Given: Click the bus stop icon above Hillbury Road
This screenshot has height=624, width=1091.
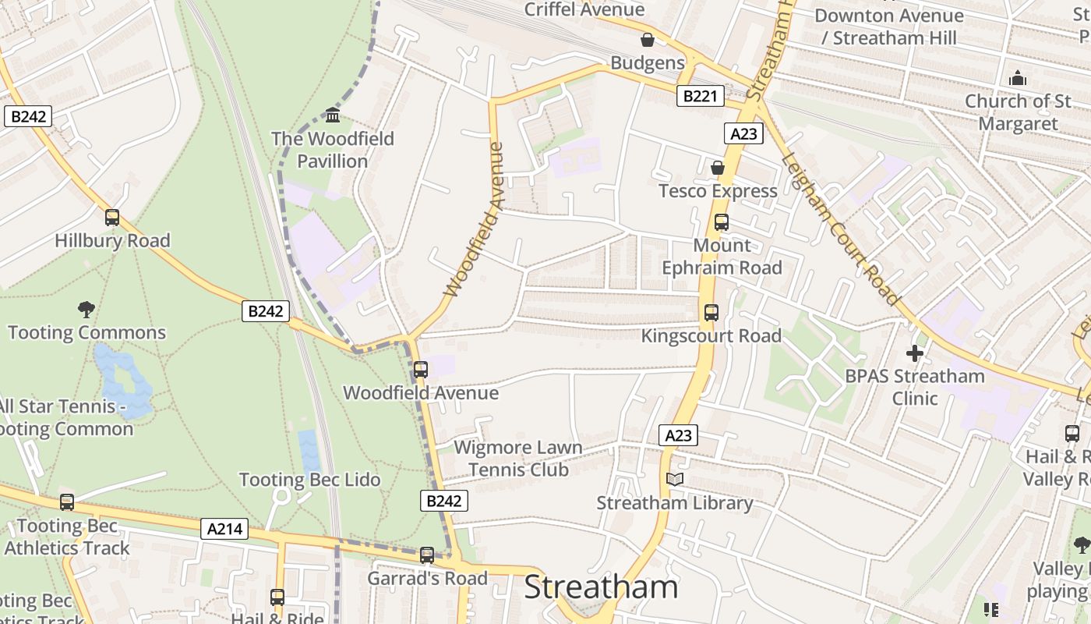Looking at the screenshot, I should coord(112,218).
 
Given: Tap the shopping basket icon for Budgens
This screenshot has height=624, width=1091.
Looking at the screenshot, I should coord(647,40).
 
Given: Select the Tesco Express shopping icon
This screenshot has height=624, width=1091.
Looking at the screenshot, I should coord(718,168).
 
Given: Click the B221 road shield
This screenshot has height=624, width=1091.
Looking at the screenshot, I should coord(700,96).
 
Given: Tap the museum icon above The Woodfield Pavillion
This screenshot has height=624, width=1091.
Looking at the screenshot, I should coord(333,115).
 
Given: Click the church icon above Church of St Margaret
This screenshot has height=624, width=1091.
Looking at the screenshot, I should coord(1018,79).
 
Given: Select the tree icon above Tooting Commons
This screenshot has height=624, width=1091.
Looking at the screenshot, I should coord(87,310).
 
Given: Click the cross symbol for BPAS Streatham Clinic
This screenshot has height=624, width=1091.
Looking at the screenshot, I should coord(915,353).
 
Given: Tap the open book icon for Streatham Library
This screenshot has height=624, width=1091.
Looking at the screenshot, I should coord(675,479).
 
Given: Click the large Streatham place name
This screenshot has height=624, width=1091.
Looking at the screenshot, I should coord(601,587).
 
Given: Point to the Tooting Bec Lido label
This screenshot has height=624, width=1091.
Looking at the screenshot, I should coord(309,480).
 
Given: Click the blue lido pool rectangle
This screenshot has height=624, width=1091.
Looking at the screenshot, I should coord(309,449).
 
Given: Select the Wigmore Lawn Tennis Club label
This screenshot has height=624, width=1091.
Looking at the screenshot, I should coord(518,459).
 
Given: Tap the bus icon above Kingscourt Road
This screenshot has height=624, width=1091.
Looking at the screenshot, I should coord(711,313).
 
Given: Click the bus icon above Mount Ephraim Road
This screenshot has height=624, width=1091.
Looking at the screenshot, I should coord(722,222).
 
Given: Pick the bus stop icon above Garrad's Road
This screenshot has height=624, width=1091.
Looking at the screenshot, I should coord(427,555).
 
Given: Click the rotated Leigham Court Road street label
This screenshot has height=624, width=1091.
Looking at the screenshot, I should coord(841,227).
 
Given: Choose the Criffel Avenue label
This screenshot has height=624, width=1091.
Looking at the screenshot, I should coord(584,9).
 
